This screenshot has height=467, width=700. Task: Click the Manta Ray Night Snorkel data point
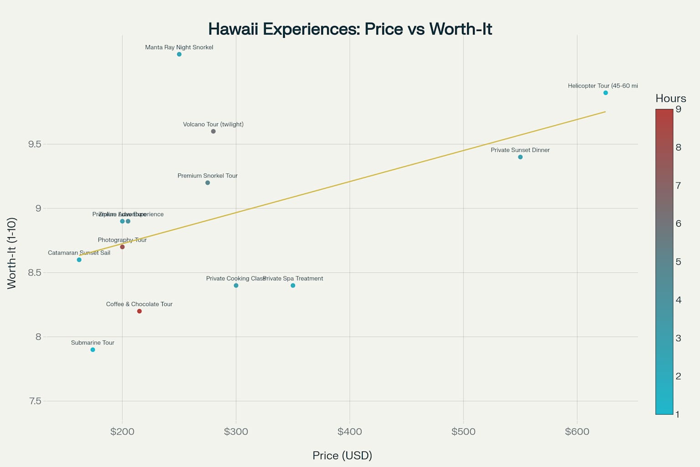click(179, 54)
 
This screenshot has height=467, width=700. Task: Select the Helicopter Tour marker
click(606, 93)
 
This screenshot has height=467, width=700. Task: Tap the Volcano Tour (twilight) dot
click(213, 131)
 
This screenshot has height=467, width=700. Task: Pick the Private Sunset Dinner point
click(520, 157)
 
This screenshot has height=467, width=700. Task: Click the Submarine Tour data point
click(93, 350)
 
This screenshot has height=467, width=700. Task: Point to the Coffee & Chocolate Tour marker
click(139, 311)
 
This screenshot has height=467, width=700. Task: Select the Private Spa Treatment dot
click(293, 285)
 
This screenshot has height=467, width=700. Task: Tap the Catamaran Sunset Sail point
click(79, 260)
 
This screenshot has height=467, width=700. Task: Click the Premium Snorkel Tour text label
click(207, 176)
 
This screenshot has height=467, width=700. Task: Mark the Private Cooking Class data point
click(236, 285)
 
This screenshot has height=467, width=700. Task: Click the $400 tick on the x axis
click(350, 431)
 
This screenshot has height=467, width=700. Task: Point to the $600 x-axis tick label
click(577, 431)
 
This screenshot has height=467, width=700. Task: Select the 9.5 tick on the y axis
click(35, 144)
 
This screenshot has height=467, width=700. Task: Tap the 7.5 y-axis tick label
click(35, 401)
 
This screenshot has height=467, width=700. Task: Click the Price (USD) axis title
click(342, 455)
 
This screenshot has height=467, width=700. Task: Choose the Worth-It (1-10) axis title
click(12, 253)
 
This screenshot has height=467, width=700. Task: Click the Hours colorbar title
click(670, 98)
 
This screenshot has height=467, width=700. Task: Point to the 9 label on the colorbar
click(679, 109)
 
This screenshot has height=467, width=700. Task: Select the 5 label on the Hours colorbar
click(679, 262)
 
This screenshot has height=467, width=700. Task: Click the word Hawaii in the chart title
click(233, 29)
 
